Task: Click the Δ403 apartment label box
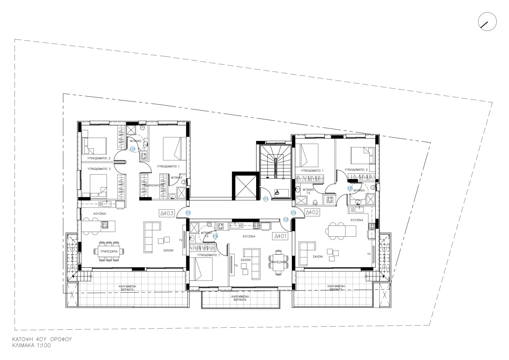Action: (167, 213)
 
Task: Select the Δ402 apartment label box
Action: (313, 212)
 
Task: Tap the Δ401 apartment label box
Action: (280, 236)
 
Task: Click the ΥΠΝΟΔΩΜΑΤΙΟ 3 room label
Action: (99, 169)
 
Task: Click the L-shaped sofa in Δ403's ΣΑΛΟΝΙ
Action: (150, 237)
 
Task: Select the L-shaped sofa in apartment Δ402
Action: (306, 253)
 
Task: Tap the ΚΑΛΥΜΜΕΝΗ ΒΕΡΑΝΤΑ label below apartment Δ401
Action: (240, 298)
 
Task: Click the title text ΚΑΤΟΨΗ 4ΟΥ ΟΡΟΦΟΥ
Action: (42, 340)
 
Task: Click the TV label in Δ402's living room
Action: (369, 253)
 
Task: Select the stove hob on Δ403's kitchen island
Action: (105, 225)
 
